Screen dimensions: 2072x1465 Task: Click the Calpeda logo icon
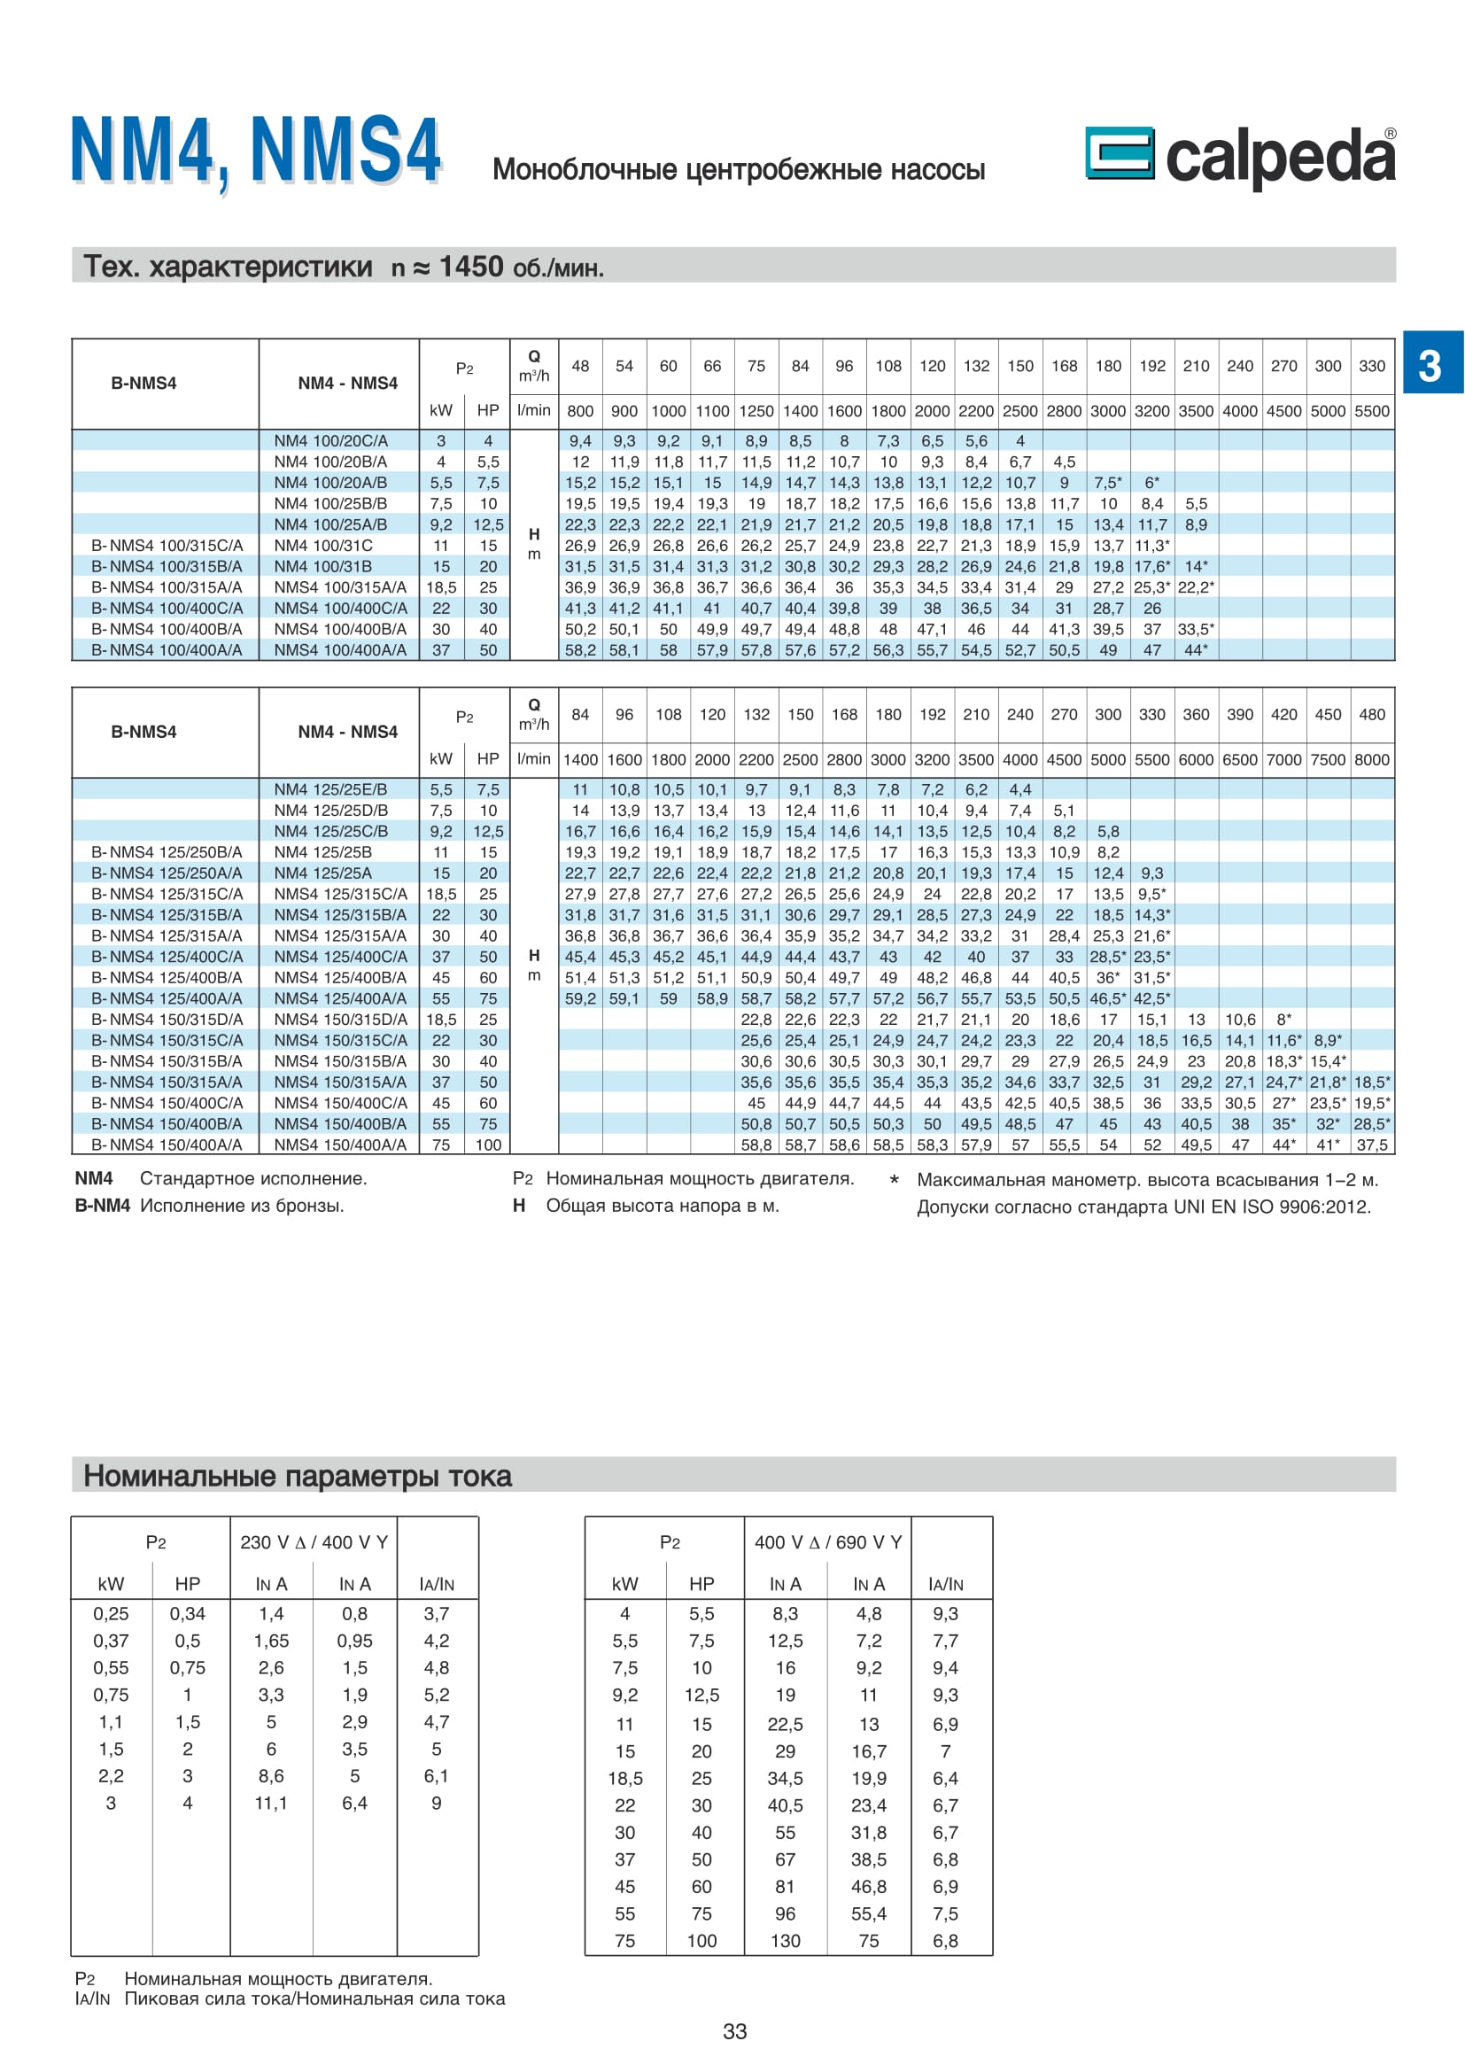pos(1119,152)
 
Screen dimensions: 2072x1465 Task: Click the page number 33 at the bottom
pos(734,2030)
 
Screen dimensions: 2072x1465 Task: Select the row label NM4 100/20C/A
pos(330,440)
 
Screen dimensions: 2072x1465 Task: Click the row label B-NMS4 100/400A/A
pos(166,649)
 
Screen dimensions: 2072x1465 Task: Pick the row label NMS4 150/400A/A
pos(339,1145)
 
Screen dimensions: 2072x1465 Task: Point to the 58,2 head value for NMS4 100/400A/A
pos(580,649)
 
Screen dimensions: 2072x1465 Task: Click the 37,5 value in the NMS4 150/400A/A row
pos(1372,1145)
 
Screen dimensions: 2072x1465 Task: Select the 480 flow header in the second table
pos(1372,714)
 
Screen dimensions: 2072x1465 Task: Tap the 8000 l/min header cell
pos(1372,760)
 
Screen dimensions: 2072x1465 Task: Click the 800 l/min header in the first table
pos(580,412)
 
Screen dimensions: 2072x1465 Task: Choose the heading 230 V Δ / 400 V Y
pos(314,1542)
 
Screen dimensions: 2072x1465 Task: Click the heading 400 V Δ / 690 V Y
pos(827,1542)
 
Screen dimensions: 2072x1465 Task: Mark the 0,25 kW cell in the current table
pos(111,1613)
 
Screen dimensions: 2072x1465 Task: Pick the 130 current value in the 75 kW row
pos(785,1940)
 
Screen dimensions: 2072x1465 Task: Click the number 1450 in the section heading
pos(471,267)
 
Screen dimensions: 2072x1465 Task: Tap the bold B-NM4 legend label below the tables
pos(102,1206)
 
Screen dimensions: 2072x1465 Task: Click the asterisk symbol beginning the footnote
pos(894,1180)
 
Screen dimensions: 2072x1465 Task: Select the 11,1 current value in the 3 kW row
pos(271,1803)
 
